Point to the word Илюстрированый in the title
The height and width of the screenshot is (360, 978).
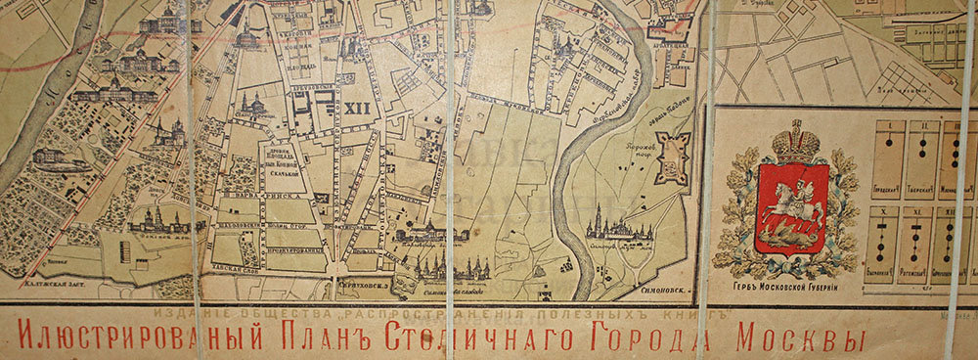136,339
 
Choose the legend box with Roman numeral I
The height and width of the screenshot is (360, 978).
887,153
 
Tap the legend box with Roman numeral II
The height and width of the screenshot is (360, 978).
921,153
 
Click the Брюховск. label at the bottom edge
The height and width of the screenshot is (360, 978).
365,285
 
